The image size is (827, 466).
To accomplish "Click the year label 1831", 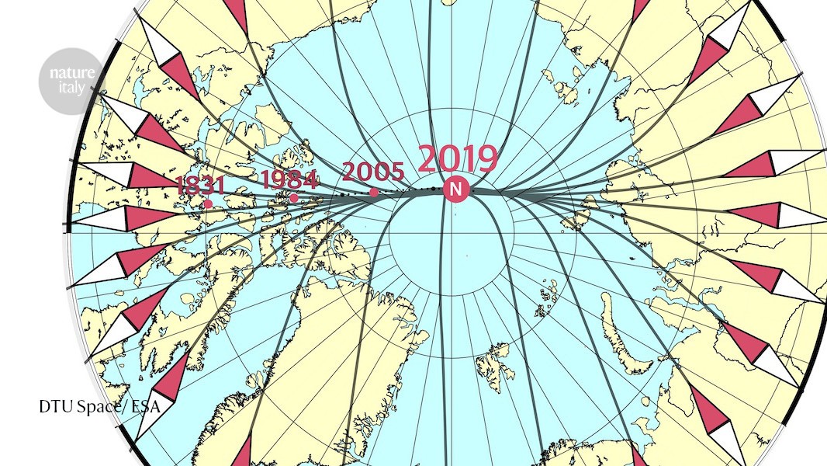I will pyautogui.click(x=200, y=186).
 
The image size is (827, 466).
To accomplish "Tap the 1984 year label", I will pyautogui.click(x=289, y=179).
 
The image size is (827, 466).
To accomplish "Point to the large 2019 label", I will pyautogui.click(x=458, y=159).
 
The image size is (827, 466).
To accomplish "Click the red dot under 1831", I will pyautogui.click(x=208, y=204).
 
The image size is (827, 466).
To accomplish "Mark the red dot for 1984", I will pyautogui.click(x=294, y=198).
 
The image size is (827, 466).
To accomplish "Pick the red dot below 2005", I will pyautogui.click(x=374, y=193).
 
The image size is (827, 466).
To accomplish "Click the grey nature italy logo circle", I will pyautogui.click(x=71, y=81).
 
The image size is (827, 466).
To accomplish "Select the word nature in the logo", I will pyautogui.click(x=71, y=73).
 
